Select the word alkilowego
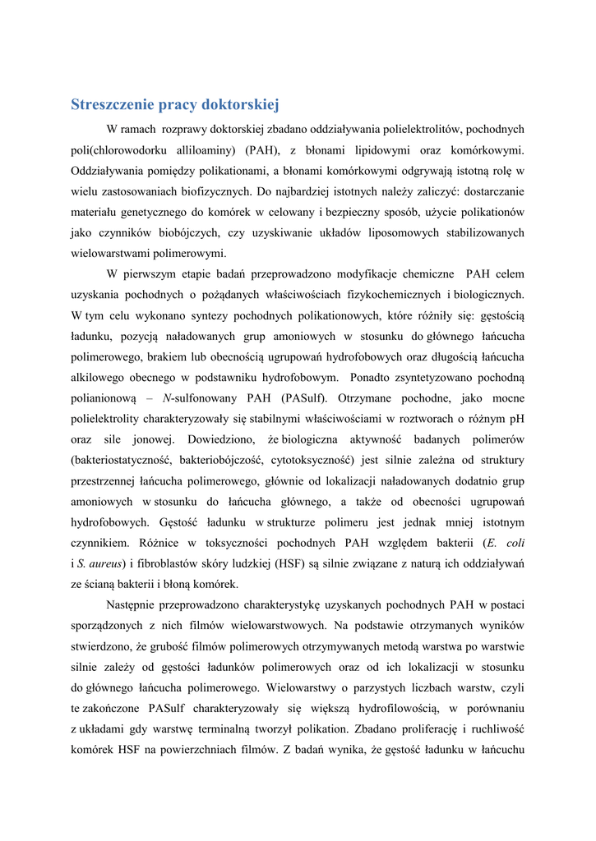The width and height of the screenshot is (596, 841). click(x=97, y=378)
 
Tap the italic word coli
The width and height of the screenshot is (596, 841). click(x=515, y=543)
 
